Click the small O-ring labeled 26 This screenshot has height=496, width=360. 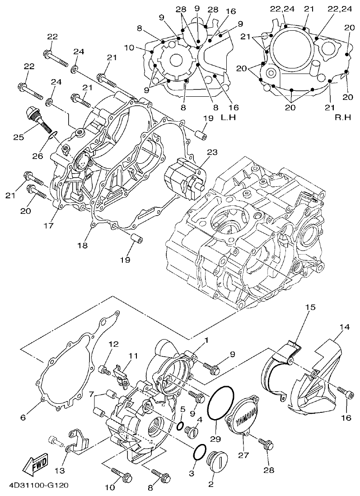click(52, 134)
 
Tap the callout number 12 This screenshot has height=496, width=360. click(113, 345)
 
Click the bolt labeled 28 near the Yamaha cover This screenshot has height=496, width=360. click(266, 445)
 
